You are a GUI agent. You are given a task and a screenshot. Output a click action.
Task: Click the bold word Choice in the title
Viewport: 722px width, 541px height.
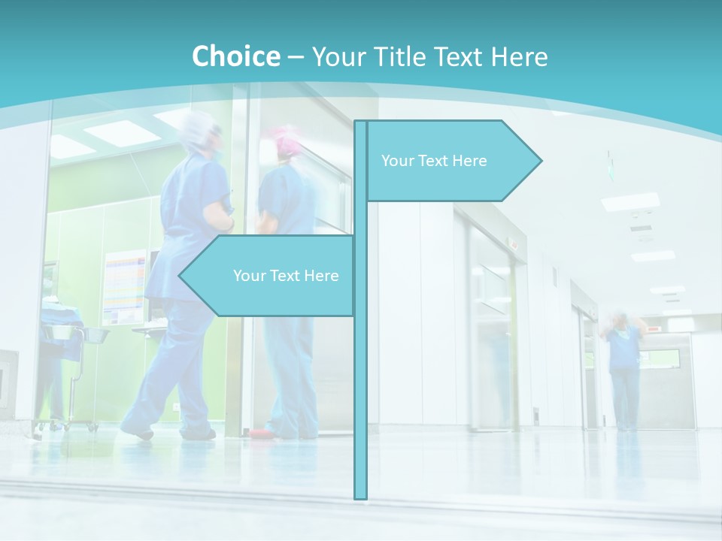[x=235, y=56]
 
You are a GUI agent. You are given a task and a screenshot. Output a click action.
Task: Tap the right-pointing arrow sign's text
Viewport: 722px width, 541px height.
[x=434, y=161]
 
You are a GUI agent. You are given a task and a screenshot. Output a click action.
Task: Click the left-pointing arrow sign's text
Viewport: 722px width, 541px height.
[x=286, y=276]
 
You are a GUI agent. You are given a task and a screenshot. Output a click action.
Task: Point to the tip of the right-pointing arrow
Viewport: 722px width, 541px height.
[x=540, y=160]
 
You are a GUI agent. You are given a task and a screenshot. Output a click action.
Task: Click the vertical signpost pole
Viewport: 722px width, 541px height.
[x=361, y=376]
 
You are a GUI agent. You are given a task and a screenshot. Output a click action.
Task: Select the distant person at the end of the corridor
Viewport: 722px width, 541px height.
[x=623, y=368]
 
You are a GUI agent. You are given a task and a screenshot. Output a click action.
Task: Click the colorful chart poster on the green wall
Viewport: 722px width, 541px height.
[x=125, y=286]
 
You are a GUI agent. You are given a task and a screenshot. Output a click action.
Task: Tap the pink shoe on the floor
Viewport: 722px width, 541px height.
[x=259, y=434]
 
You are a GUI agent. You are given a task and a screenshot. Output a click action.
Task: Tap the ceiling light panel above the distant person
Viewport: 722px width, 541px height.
[x=630, y=201]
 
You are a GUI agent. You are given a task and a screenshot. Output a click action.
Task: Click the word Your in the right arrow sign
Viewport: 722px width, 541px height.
[x=396, y=161]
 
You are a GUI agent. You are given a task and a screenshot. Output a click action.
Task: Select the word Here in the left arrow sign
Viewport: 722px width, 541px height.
[x=320, y=276]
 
